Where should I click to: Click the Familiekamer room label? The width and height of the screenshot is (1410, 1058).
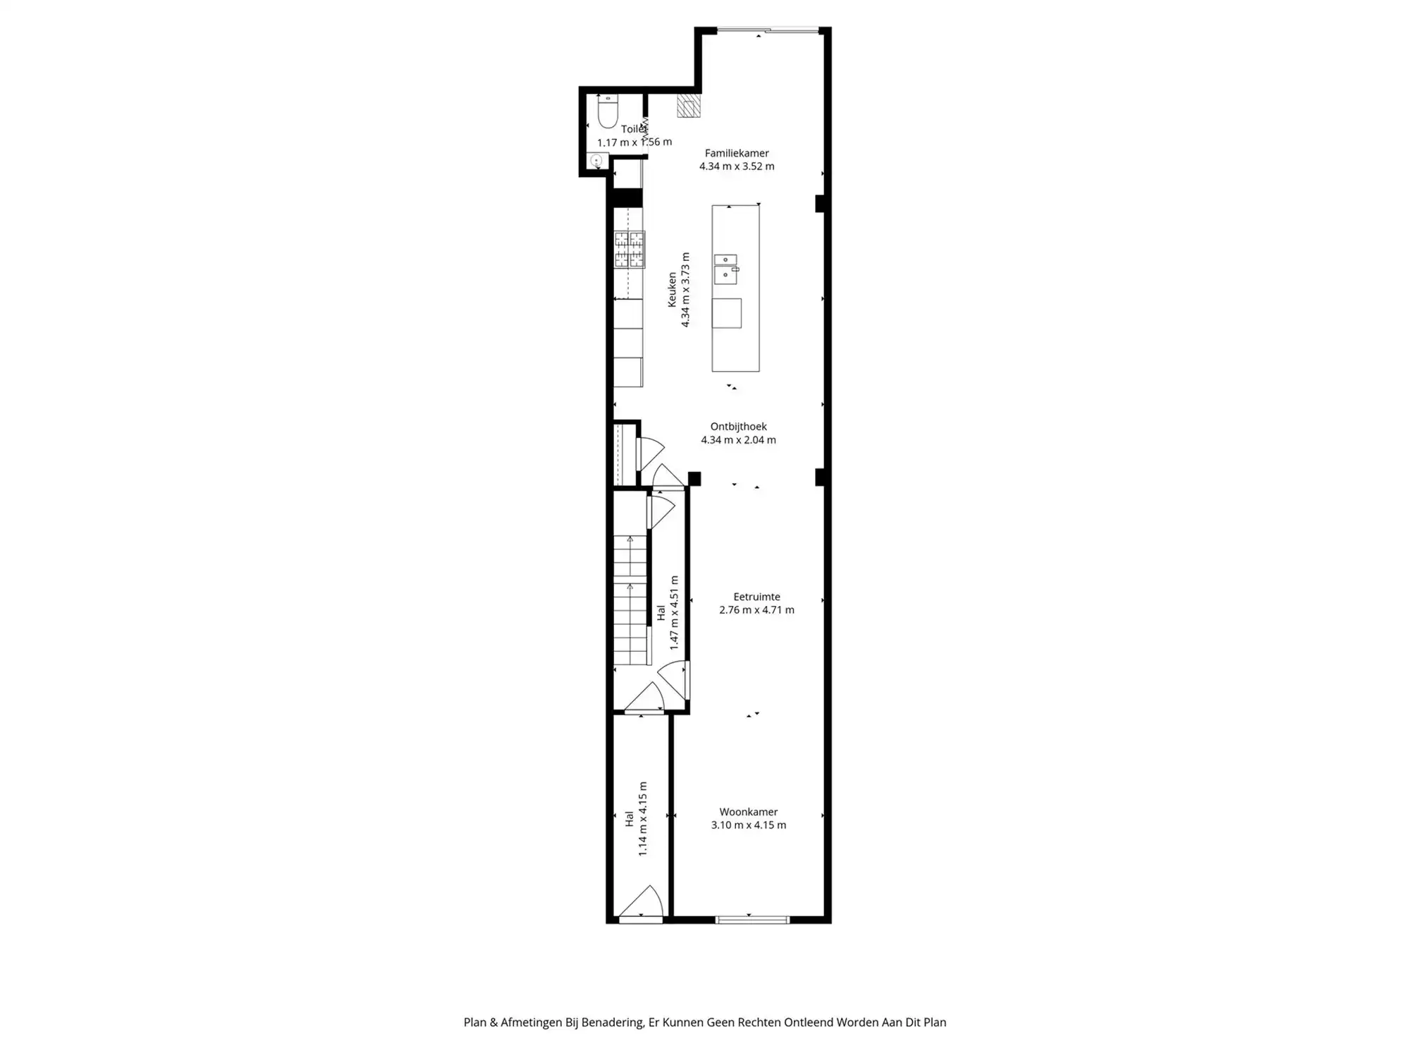[737, 153]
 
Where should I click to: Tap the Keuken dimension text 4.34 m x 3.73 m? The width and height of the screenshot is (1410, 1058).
[685, 290]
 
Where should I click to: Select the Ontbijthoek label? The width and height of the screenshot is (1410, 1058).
[738, 427]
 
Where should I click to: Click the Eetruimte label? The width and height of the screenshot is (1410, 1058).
[756, 597]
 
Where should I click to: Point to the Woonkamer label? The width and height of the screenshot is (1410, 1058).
[748, 812]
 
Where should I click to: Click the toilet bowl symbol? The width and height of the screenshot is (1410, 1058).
[608, 113]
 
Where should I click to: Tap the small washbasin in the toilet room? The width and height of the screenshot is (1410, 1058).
[596, 162]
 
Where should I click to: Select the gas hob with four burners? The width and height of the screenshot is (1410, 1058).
[629, 250]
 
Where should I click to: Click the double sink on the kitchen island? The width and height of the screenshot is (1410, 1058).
[725, 269]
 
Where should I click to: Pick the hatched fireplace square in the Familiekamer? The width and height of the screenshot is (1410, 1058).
[688, 106]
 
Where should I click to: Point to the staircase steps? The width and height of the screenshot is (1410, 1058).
[630, 600]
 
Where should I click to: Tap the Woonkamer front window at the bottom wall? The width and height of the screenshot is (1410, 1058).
[752, 919]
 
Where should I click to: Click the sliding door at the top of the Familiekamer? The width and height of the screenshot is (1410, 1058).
[768, 30]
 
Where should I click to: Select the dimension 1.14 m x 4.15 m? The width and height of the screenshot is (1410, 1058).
[643, 819]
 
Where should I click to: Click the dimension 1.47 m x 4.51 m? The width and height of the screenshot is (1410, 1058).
[674, 612]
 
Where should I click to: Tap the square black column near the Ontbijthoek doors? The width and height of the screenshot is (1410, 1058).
[694, 479]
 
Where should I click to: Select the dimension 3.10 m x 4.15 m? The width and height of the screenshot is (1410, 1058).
[748, 825]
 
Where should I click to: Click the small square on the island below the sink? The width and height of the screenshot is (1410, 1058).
[726, 313]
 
